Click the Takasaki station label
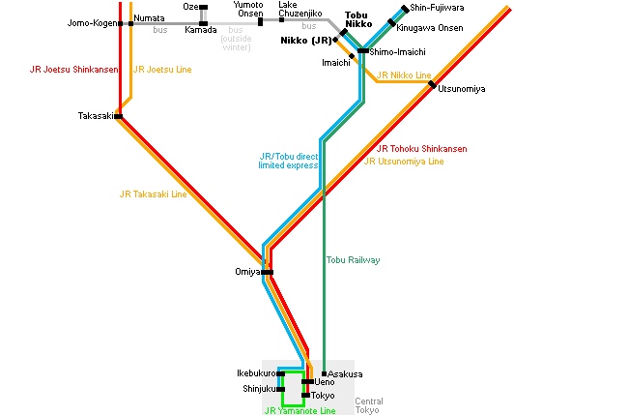tap(96, 116)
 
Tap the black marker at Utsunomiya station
tap(432, 84)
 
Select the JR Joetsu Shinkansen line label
tap(74, 70)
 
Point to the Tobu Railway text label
tap(353, 260)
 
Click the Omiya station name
tap(247, 272)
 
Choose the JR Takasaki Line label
tap(153, 194)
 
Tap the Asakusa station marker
tap(324, 373)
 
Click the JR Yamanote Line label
tap(300, 411)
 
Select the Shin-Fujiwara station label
tap(437, 8)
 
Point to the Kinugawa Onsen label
tap(429, 28)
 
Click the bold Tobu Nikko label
tap(358, 19)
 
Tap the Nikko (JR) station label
tap(306, 40)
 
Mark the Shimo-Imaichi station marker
tap(363, 51)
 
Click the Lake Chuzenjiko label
tap(300, 10)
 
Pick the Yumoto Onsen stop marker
tap(260, 21)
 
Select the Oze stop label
tap(190, 7)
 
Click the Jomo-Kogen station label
tap(92, 23)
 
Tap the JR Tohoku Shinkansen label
tap(422, 149)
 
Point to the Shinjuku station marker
tap(280, 389)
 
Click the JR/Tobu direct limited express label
tap(288, 161)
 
